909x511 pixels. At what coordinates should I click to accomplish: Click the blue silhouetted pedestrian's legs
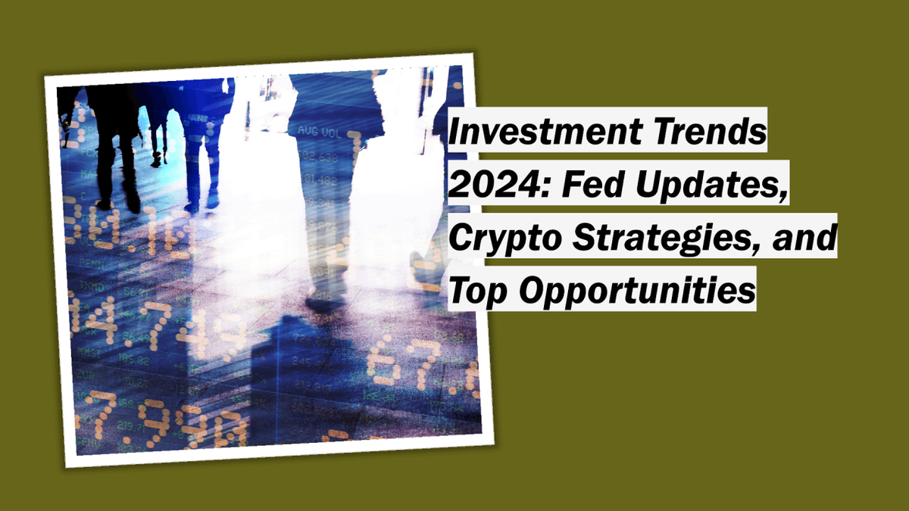click(198, 167)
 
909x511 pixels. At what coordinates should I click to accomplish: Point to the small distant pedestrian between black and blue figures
click(158, 136)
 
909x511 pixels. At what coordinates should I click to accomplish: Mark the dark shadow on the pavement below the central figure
click(303, 363)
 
